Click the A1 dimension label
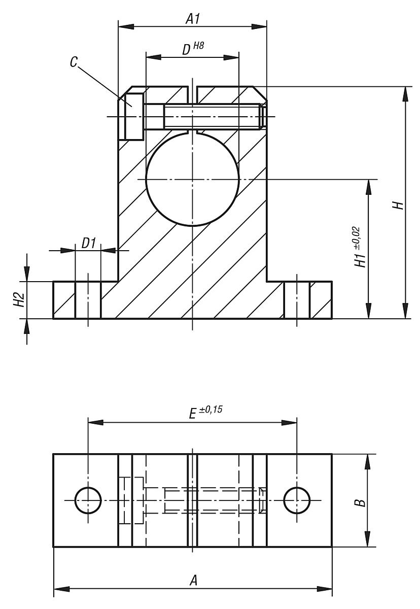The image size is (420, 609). (192, 19)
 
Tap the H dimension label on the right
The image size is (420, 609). (399, 205)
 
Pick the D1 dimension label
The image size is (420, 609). (88, 243)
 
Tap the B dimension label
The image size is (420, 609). (359, 501)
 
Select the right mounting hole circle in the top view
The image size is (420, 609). (297, 500)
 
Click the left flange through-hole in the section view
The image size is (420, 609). (88, 300)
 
